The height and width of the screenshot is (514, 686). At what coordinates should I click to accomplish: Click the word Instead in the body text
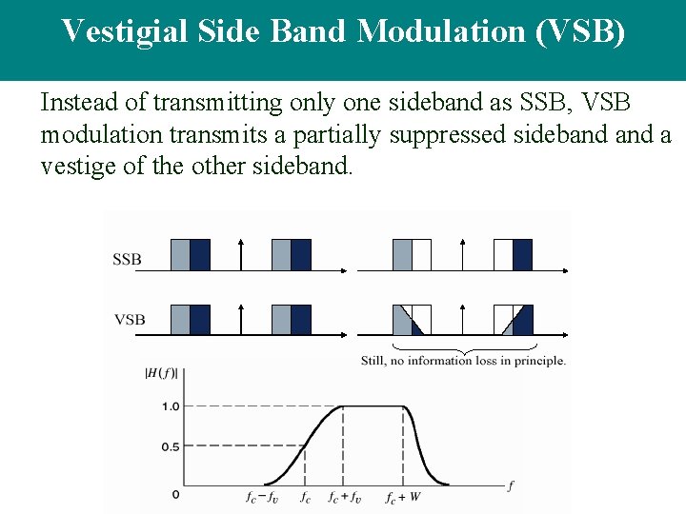point(77,102)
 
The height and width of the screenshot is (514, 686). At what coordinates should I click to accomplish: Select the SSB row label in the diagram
point(129,259)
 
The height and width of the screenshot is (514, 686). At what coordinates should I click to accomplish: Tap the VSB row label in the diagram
point(130,319)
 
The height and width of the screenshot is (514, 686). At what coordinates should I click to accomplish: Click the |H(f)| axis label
point(161,372)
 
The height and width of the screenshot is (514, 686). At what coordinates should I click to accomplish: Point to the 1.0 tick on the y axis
point(169,406)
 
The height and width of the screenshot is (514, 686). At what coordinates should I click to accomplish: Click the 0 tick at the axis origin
point(174,495)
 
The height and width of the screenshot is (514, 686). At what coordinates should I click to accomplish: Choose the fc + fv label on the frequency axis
point(345,497)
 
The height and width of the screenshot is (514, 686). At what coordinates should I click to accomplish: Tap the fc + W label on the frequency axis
point(403,497)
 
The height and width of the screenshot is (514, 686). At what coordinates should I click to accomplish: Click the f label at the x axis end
point(510,486)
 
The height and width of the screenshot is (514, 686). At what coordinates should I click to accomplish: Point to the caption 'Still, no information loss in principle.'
point(464,361)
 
